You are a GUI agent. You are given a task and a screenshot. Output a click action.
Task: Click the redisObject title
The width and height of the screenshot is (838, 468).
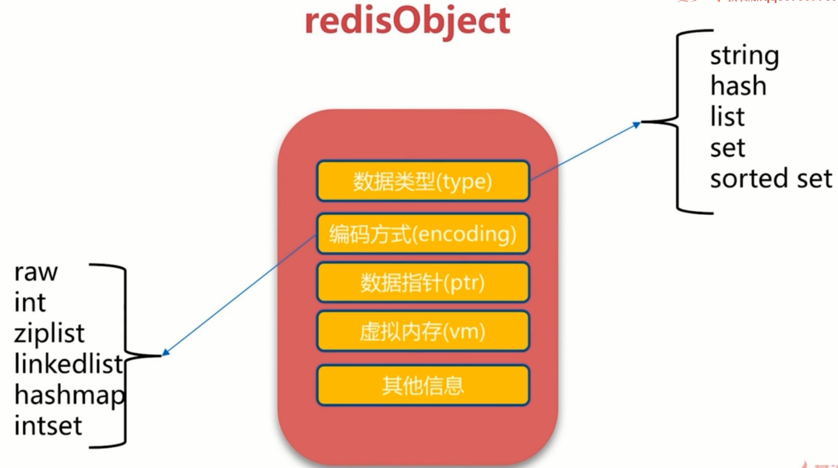[407, 21]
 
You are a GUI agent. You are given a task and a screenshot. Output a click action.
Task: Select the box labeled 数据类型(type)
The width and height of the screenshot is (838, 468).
[423, 182]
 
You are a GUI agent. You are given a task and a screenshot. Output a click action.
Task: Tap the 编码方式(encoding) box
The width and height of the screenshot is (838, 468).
[423, 234]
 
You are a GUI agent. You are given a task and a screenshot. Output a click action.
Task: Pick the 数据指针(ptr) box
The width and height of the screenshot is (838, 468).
[423, 283]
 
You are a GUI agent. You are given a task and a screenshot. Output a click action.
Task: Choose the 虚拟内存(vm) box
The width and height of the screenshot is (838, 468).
[423, 331]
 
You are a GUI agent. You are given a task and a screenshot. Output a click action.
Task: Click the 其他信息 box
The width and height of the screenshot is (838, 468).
[423, 386]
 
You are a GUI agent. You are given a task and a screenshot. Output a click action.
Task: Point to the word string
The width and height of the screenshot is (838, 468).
[744, 56]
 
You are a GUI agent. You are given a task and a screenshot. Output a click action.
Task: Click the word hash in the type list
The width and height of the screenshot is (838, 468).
[738, 86]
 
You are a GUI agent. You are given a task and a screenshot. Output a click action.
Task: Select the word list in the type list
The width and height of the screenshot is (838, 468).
[727, 117]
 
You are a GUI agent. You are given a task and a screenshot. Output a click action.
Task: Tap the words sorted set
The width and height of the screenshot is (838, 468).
[771, 179]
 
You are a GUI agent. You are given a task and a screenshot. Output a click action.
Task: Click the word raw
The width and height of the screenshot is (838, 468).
[36, 272]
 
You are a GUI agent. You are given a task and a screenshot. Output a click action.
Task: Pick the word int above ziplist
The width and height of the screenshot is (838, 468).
[29, 302]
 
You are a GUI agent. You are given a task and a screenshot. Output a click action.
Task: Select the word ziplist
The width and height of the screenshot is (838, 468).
[49, 333]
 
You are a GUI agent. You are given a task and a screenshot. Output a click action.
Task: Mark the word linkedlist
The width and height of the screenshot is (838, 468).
[68, 364]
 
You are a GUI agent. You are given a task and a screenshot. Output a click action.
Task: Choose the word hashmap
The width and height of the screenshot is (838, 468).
[69, 395]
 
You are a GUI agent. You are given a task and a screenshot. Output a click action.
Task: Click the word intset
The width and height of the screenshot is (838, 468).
[48, 426]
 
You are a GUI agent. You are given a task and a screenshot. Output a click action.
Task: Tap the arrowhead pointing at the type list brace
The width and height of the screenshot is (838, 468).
[636, 125]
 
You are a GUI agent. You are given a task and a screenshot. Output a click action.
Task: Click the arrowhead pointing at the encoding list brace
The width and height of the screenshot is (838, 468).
[166, 352]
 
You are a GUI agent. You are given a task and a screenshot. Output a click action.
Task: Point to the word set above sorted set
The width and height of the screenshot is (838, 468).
[727, 148]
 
